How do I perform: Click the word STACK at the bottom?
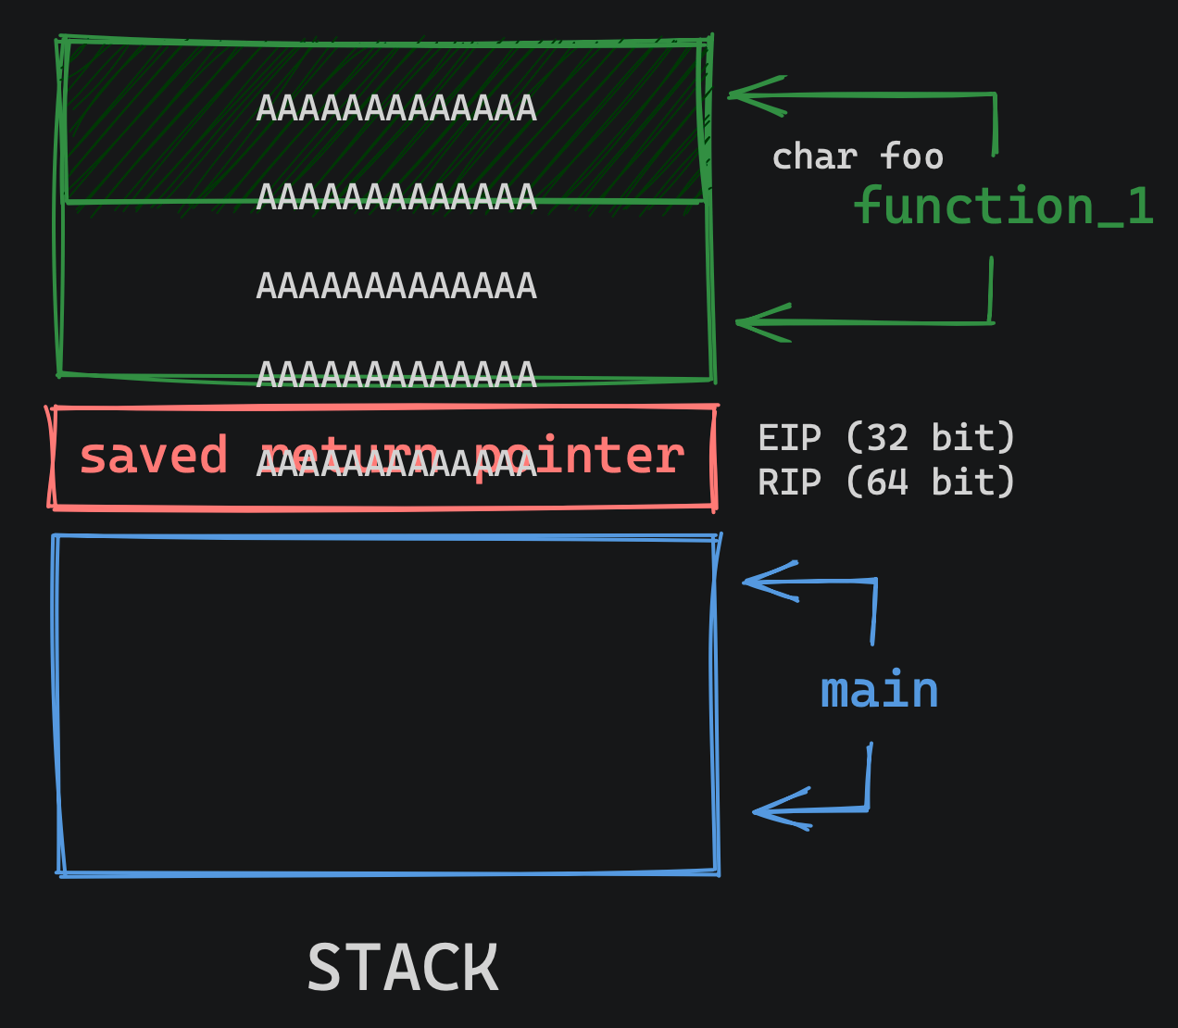pos(403,968)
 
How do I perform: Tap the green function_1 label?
pos(1002,206)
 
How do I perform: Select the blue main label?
pos(879,691)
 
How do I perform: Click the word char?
pos(814,157)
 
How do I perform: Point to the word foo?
pos(912,156)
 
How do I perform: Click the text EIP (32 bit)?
pos(886,437)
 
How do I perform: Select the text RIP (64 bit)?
pos(886,482)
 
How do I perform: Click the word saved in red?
pos(154,456)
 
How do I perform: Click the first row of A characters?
pos(396,109)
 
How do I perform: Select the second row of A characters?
pos(396,197)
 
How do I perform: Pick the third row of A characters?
pos(396,286)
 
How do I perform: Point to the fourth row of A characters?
pos(396,375)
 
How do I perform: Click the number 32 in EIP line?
pos(887,437)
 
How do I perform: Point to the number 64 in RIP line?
pos(887,482)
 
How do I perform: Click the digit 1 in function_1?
pos(1139,206)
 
